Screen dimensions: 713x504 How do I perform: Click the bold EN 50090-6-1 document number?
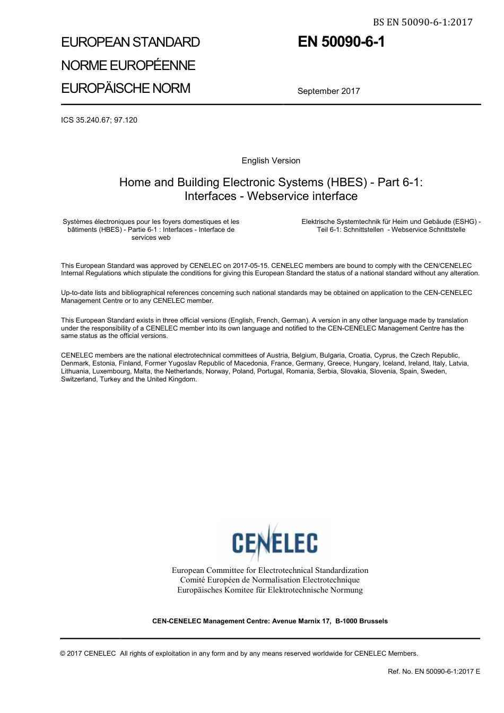tap(341, 42)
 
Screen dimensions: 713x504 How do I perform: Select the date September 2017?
tap(328, 91)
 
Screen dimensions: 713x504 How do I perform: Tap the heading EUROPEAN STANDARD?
tap(131, 42)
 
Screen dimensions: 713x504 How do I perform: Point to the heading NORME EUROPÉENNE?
tap(128, 65)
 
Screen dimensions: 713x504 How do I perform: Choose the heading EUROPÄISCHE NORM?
tap(126, 88)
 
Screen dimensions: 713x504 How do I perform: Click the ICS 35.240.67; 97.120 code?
tap(99, 120)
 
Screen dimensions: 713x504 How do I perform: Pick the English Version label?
tap(271, 161)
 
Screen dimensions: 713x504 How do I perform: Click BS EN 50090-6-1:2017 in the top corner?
tap(422, 22)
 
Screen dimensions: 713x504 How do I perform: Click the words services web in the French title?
tap(151, 238)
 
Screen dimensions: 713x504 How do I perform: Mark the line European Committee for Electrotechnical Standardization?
tap(270, 570)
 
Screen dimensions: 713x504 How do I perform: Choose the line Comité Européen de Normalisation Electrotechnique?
tap(270, 580)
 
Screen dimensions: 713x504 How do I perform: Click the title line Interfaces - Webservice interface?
tap(271, 196)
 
